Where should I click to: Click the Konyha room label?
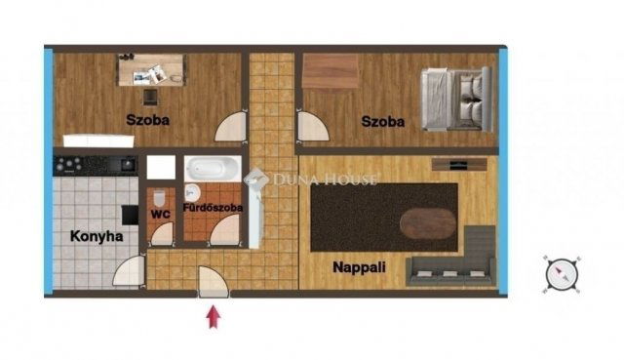(97, 235)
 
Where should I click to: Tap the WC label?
(161, 208)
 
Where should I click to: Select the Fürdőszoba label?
(213, 208)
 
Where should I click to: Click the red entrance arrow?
(214, 317)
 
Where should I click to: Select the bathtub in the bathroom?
(215, 170)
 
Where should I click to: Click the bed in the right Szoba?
(452, 98)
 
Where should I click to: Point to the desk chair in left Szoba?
(149, 96)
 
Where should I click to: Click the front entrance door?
(213, 283)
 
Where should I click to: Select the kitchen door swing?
(128, 270)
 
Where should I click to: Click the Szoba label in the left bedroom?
(147, 120)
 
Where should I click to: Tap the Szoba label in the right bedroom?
(382, 122)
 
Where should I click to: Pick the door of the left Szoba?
(231, 128)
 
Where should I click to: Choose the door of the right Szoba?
(312, 128)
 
